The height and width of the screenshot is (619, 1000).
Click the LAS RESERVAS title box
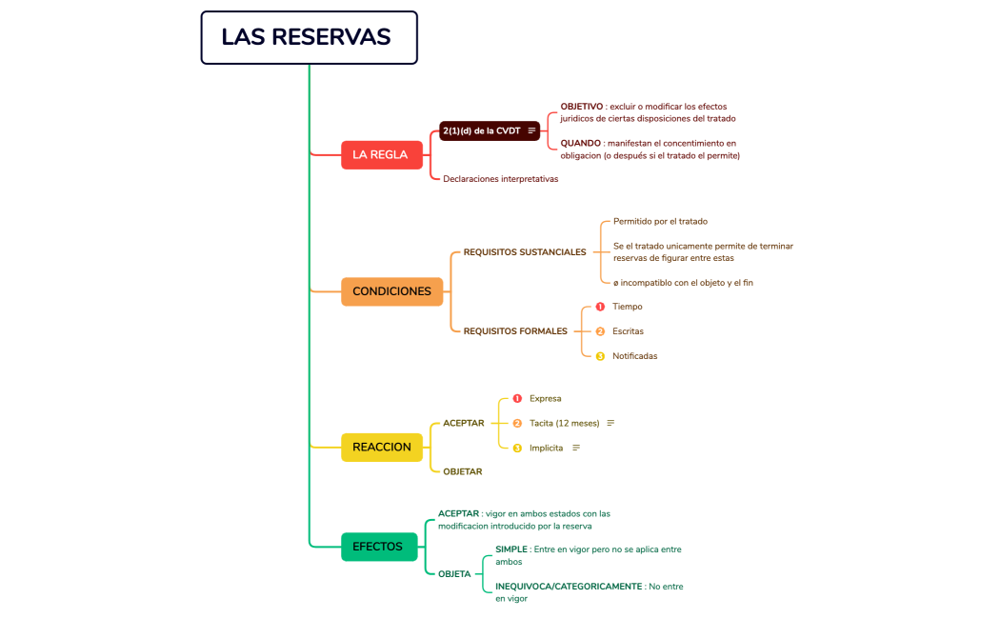click(309, 37)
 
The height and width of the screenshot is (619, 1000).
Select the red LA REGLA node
click(381, 154)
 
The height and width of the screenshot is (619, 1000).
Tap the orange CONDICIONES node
click(391, 291)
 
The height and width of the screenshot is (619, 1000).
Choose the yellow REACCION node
click(381, 447)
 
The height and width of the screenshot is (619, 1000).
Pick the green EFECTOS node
click(378, 547)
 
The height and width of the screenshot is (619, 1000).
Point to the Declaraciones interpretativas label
click(500, 179)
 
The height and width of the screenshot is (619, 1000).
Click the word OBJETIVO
click(581, 107)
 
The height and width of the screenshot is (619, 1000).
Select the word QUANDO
click(580, 143)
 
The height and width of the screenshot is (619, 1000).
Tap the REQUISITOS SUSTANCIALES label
click(524, 252)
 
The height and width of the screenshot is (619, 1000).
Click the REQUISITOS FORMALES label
click(514, 331)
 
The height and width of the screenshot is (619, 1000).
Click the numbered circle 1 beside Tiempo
click(600, 307)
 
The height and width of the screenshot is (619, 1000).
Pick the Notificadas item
click(634, 356)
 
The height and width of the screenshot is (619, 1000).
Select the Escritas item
click(628, 331)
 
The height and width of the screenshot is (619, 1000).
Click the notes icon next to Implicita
click(576, 448)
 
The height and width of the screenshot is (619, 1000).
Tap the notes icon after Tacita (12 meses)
click(610, 423)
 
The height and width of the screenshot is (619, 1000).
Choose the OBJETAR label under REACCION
click(462, 471)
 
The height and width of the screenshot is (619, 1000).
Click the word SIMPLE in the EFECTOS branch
click(512, 549)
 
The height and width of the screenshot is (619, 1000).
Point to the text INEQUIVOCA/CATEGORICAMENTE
click(569, 587)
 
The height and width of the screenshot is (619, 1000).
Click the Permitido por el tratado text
click(660, 221)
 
